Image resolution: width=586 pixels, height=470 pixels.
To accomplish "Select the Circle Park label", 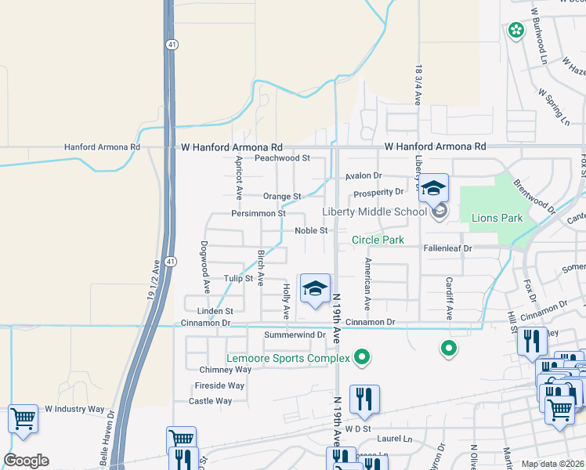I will coord(378,240).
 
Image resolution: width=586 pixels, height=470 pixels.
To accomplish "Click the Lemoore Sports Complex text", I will coord(288,359).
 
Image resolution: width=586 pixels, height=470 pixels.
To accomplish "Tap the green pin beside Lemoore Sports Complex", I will coord(361,358).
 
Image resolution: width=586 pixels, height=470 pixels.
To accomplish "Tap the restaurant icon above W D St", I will coord(364,399).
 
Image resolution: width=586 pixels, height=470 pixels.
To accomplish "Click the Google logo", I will coord(26,461).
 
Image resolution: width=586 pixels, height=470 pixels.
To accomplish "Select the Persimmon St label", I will coord(258,213).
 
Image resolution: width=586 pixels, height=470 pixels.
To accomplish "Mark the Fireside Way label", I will coord(219,385).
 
